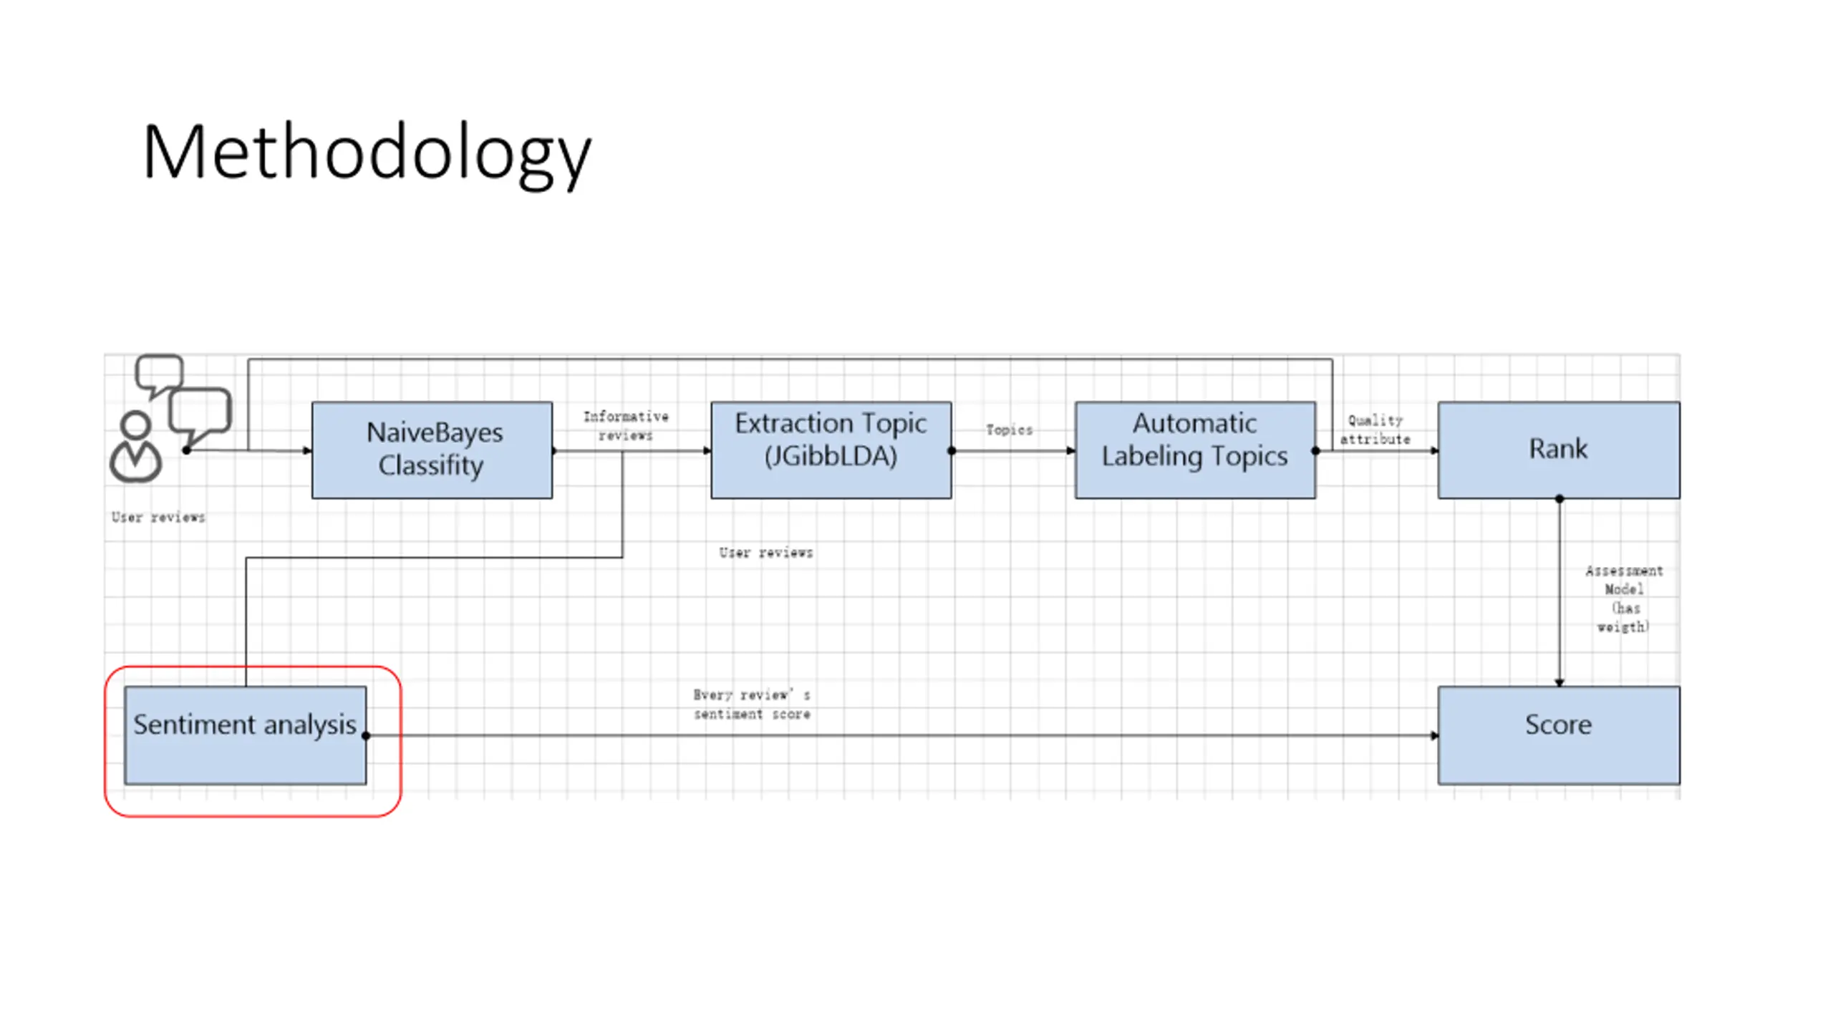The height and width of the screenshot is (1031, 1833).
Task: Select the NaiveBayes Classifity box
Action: point(432,450)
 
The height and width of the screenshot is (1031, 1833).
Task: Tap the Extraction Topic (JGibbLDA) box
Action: point(831,450)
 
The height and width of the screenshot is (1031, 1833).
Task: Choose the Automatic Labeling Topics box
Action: point(1194,450)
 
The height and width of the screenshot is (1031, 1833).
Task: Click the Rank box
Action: point(1558,450)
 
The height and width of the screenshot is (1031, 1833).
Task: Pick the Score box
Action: point(1558,735)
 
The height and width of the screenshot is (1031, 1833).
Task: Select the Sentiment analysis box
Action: point(245,735)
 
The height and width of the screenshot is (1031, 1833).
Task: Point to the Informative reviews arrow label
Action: point(626,425)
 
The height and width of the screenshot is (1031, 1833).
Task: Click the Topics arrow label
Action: point(1009,430)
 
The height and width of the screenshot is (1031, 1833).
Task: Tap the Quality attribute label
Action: point(1375,430)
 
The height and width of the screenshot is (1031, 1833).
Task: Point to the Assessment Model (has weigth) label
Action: point(1624,599)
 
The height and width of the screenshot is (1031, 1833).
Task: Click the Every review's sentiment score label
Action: point(751,704)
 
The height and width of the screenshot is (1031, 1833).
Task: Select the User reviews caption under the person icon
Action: point(158,517)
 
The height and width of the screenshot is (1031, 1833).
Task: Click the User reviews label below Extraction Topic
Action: point(765,553)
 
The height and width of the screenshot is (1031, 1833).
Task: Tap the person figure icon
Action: point(135,448)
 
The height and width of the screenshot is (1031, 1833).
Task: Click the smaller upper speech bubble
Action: point(159,372)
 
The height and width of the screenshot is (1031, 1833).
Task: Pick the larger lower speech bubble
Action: point(200,412)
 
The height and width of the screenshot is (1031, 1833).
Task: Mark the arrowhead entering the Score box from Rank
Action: point(1559,682)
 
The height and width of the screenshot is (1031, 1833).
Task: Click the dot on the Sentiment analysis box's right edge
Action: point(366,735)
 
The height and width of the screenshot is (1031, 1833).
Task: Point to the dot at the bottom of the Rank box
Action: point(1559,498)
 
